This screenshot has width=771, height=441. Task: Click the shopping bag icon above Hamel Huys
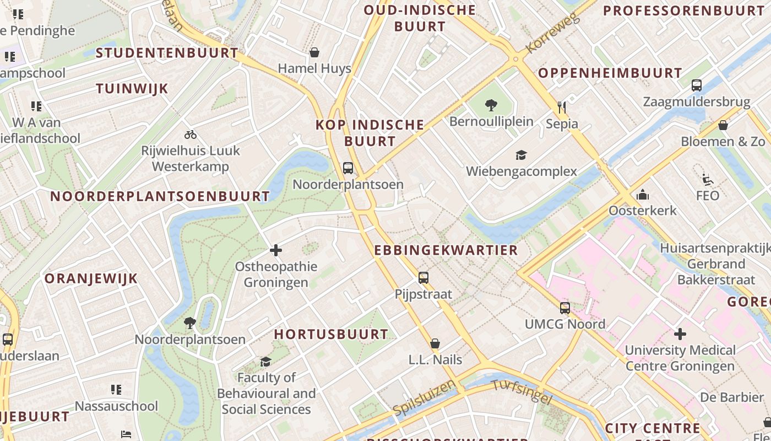click(314, 52)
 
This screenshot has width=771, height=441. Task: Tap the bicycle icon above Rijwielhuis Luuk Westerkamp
click(191, 135)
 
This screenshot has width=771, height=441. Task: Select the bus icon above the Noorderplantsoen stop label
click(348, 168)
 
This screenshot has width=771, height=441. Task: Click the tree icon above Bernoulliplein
click(491, 105)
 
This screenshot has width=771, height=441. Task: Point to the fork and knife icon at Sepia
click(562, 107)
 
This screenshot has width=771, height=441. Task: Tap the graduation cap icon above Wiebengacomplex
click(521, 155)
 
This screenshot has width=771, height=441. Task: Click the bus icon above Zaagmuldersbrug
click(697, 85)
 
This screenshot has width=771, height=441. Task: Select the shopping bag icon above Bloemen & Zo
click(723, 125)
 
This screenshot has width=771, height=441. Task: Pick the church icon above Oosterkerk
click(642, 195)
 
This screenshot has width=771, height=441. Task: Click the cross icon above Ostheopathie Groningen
click(276, 251)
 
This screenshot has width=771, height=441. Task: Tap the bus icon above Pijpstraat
click(423, 278)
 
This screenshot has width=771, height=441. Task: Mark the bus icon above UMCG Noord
click(565, 308)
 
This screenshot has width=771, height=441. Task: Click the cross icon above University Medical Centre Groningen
click(680, 334)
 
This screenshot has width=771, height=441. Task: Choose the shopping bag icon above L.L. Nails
click(435, 343)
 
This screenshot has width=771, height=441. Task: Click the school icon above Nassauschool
click(116, 390)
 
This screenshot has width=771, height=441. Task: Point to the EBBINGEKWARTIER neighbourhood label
click(446, 250)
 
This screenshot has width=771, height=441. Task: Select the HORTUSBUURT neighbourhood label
click(332, 334)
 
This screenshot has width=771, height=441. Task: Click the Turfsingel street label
click(521, 392)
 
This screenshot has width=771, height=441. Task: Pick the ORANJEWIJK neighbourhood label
click(91, 278)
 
